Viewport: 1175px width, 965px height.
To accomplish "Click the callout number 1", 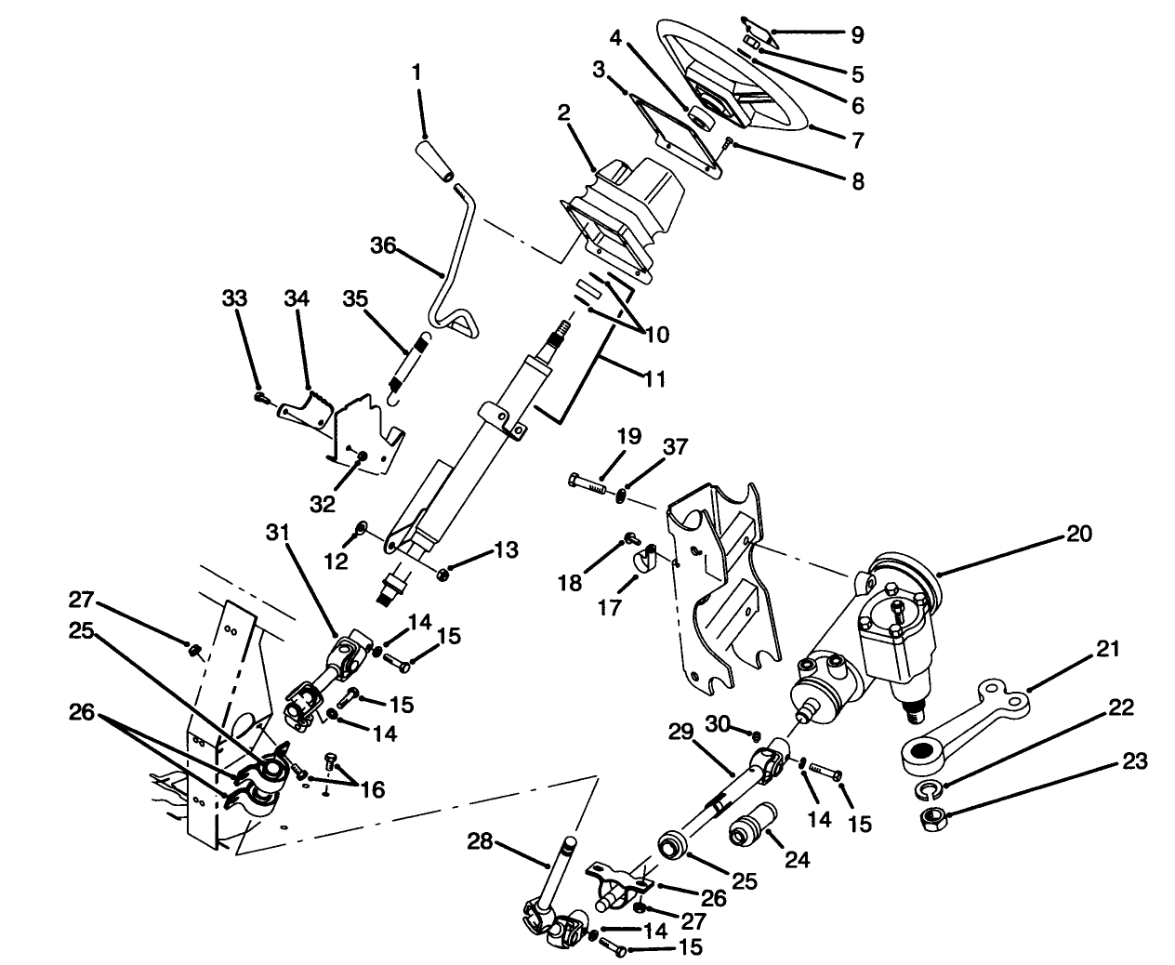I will pyautogui.click(x=417, y=71).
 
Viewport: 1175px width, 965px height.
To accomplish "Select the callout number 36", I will pyautogui.click(x=383, y=245).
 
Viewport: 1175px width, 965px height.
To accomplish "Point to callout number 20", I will pyautogui.click(x=1079, y=534).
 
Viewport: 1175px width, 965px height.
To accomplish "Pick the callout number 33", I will pyautogui.click(x=234, y=298).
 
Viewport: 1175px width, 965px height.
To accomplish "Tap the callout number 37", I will pyautogui.click(x=675, y=447).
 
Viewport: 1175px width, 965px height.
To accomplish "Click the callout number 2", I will pyautogui.click(x=563, y=113).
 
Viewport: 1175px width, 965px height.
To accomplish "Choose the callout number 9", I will pyautogui.click(x=856, y=35).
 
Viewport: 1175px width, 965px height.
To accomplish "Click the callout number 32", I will pyautogui.click(x=322, y=504).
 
